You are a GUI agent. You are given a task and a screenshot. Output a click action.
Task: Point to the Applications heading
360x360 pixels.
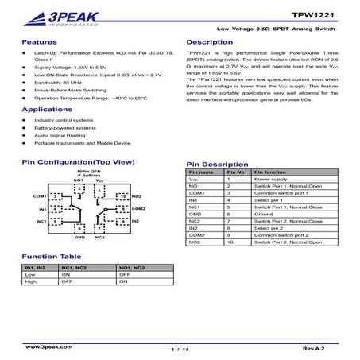[47, 109]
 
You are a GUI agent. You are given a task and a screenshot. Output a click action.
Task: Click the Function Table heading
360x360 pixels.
[52, 257]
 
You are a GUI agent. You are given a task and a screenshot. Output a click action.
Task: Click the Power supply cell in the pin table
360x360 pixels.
[265, 180]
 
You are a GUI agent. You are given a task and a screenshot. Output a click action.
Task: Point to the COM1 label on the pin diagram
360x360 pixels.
[40, 195]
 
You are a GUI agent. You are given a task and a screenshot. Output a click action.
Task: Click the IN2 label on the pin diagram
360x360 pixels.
[135, 220]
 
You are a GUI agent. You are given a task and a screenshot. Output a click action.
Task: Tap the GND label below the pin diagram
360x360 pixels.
[79, 237]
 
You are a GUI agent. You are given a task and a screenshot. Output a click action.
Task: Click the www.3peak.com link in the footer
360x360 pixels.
[45, 347]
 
